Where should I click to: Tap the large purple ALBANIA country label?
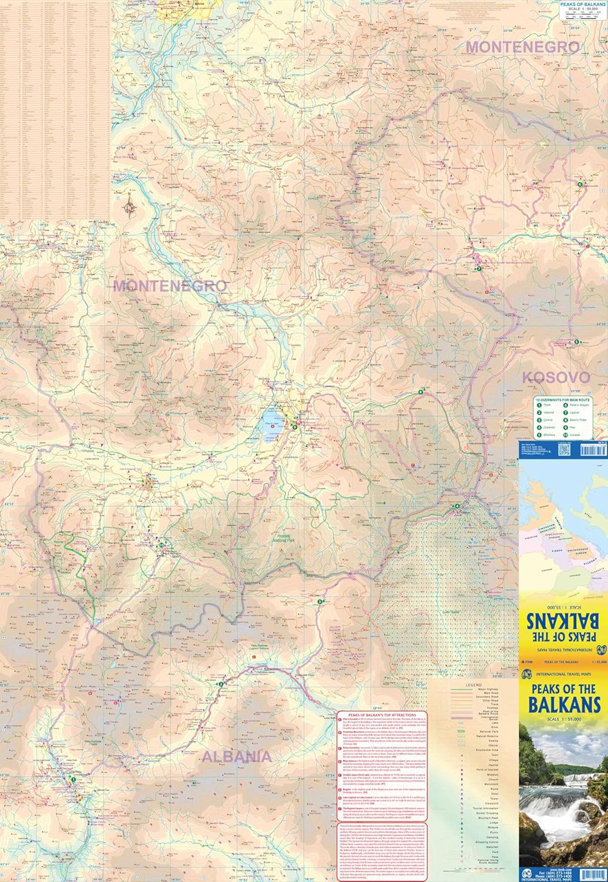tap(236, 757)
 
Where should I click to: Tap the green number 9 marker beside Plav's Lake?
tap(294, 427)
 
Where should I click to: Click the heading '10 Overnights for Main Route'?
tap(563, 399)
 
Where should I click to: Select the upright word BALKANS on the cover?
tap(563, 703)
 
